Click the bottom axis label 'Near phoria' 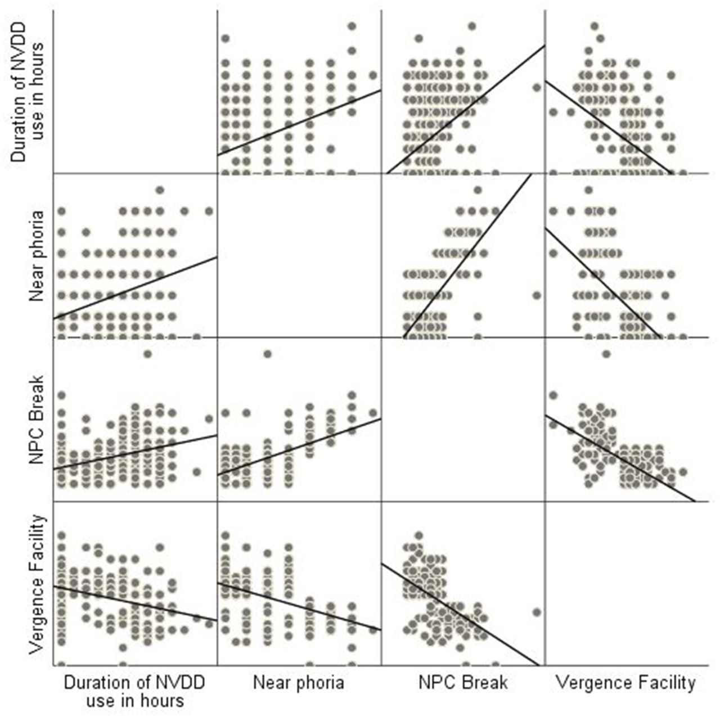(298, 683)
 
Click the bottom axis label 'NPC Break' (463, 683)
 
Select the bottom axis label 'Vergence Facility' (625, 683)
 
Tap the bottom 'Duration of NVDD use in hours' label (134, 691)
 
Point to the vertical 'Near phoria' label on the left (37, 256)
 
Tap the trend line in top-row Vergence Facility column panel (607, 127)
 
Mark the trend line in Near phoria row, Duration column (135, 288)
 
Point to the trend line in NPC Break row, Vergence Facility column (619, 457)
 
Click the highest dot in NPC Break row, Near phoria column (268, 354)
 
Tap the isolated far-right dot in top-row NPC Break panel (537, 87)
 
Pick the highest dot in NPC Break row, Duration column (147, 354)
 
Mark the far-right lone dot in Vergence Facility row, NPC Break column (537, 612)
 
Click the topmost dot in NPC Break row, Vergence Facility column (606, 354)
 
